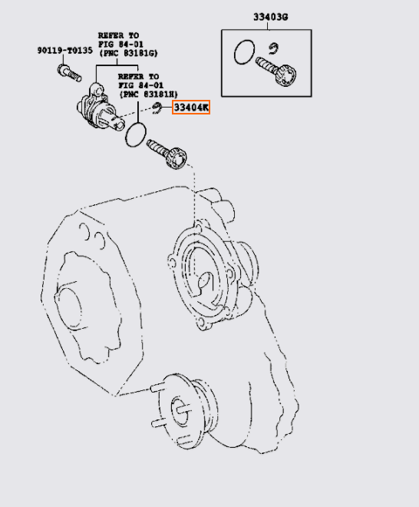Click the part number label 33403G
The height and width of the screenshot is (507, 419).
pos(270,17)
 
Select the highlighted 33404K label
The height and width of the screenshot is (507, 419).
pos(191,107)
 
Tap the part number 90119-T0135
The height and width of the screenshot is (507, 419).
pos(65,51)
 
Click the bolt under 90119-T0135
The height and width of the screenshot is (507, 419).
pos(69,74)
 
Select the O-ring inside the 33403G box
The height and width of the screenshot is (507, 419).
pos(244,52)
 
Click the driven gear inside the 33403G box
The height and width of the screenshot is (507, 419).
pos(276,71)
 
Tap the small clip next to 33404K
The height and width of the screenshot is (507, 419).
pos(157,108)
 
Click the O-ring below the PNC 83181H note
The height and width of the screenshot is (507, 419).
pos(136,134)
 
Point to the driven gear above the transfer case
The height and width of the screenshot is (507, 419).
pos(167,154)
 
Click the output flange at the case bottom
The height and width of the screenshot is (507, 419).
pos(187,411)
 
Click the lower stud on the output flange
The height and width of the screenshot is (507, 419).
pos(158,422)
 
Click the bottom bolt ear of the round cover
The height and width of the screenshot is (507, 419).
pos(203,324)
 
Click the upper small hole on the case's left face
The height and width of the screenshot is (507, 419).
pos(84,231)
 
